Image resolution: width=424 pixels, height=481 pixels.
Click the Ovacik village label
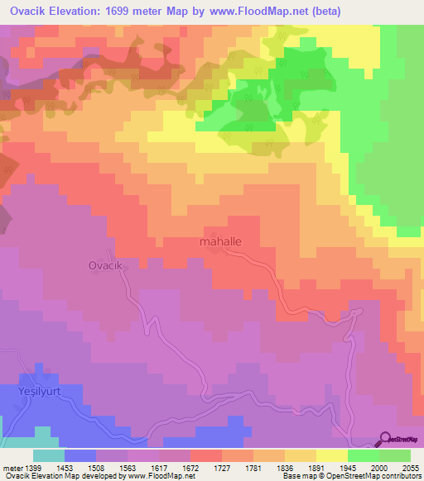105,265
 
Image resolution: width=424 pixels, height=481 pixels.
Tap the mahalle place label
220,242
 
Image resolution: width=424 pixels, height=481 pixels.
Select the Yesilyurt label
41,390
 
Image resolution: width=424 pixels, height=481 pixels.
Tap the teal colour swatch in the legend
48,455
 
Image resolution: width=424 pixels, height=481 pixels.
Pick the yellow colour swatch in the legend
332,455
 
